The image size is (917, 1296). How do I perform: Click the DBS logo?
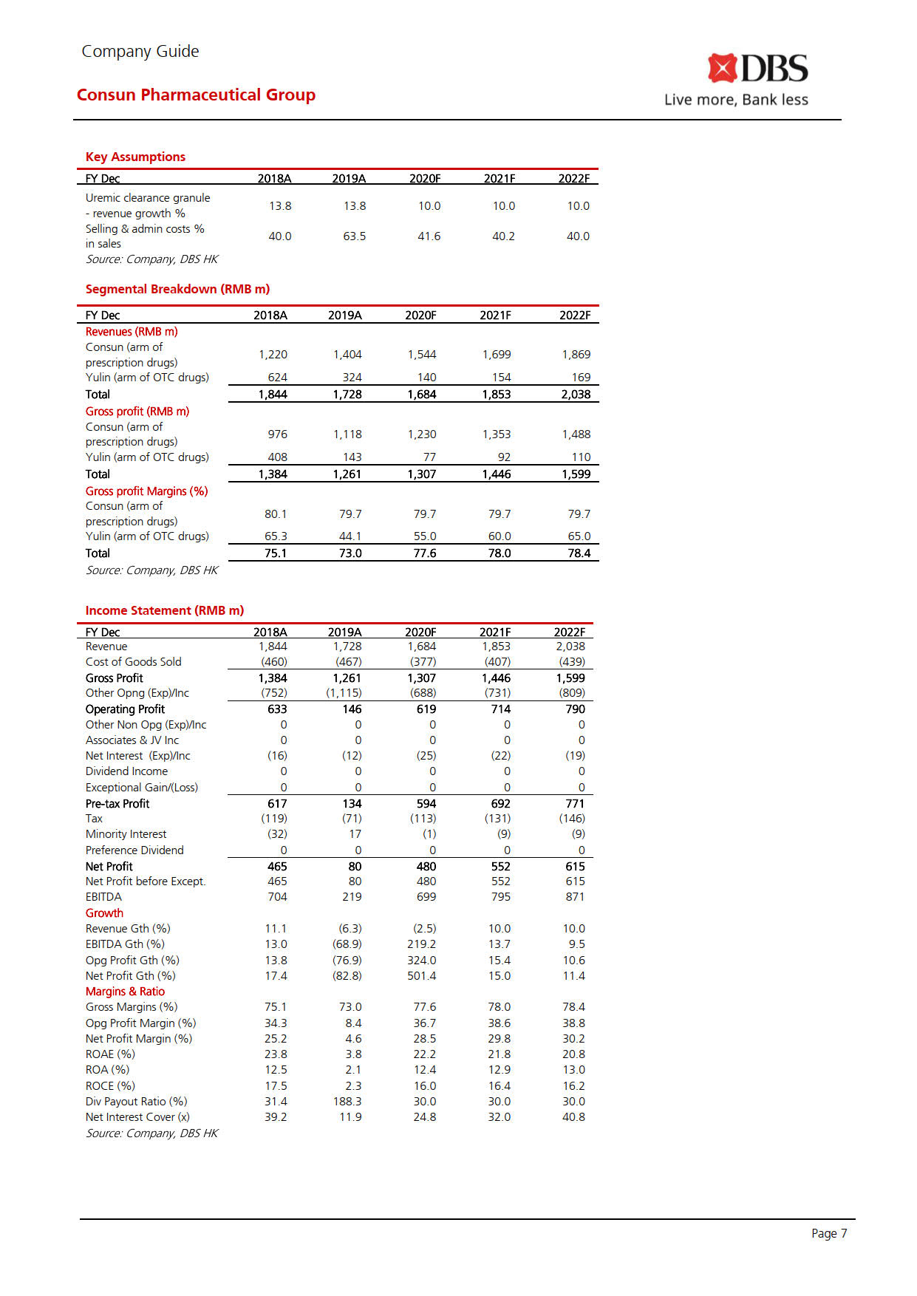(x=757, y=69)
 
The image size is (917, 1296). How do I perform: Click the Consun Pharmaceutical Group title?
(x=196, y=95)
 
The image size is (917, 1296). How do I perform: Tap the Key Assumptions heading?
(x=135, y=157)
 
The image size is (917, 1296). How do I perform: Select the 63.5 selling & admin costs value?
(x=354, y=236)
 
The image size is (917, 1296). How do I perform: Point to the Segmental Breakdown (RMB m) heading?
(x=177, y=289)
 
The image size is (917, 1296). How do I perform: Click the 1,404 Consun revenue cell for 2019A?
(x=347, y=355)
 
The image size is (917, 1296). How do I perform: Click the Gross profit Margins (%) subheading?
(x=146, y=491)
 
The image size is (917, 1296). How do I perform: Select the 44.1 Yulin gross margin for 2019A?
(x=350, y=536)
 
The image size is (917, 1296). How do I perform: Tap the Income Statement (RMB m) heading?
(x=164, y=610)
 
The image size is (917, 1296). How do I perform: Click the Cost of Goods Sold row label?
(x=133, y=662)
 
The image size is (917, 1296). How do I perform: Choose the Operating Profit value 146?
(x=352, y=709)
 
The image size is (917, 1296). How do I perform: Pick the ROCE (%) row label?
(x=110, y=1086)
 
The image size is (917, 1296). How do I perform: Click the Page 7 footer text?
(x=829, y=1233)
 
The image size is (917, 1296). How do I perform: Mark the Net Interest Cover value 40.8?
(x=573, y=1117)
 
